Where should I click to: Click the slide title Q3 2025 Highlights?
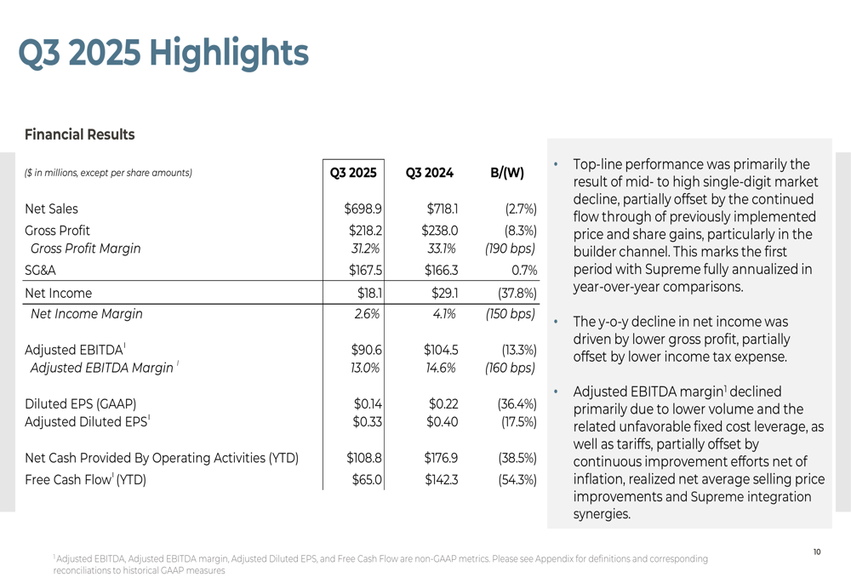(x=163, y=53)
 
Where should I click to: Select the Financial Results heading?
(x=80, y=134)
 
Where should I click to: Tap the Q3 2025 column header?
(x=353, y=173)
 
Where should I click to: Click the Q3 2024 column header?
(x=430, y=173)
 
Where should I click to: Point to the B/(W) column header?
(x=507, y=173)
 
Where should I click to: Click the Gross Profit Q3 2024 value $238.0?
(x=440, y=230)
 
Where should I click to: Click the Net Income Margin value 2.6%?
(x=366, y=313)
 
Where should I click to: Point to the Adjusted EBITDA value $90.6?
(x=365, y=349)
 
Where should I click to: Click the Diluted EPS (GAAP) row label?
(x=81, y=403)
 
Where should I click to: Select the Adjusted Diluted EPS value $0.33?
(x=366, y=421)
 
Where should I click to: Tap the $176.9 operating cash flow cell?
(x=442, y=458)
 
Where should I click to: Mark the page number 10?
(x=817, y=552)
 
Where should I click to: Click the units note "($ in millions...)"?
(x=109, y=173)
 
